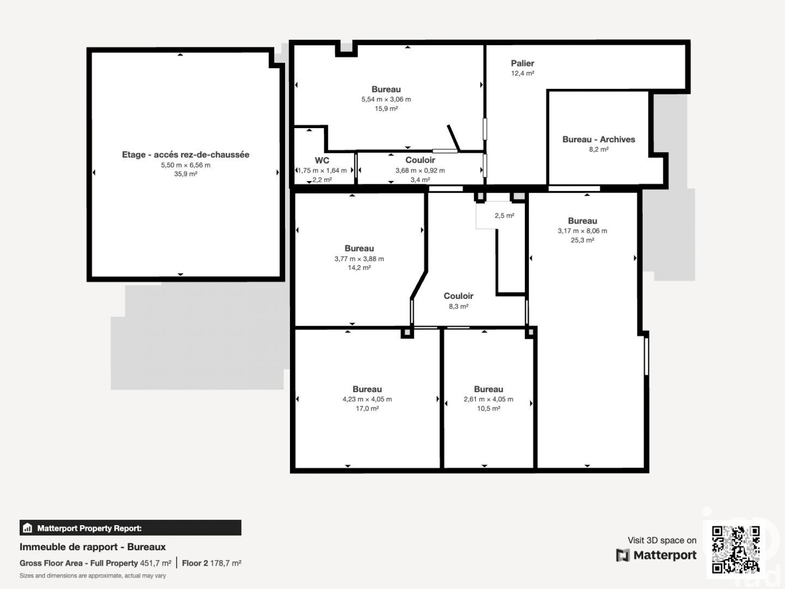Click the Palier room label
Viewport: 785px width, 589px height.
522,63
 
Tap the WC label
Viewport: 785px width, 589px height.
322,160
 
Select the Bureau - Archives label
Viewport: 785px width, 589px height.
599,140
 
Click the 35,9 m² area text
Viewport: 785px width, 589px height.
185,174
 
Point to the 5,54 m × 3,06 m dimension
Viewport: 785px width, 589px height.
386,99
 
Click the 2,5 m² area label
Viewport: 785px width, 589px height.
504,215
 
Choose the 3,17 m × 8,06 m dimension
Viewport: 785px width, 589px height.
582,231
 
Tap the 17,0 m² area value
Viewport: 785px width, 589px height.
367,408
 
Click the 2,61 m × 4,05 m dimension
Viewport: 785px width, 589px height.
488,399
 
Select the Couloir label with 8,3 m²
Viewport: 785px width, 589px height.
458,296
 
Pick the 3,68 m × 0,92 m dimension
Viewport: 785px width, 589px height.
420,171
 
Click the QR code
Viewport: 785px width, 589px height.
735,550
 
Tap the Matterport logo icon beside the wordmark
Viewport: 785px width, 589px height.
623,555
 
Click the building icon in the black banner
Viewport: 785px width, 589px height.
28,528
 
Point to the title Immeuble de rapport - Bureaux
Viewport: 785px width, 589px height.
93,547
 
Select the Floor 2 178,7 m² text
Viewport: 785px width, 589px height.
212,563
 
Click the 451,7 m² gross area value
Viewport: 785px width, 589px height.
155,563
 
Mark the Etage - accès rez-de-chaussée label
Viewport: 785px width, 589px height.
185,155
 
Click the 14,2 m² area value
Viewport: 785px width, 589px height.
359,268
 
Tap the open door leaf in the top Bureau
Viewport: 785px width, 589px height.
454,137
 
